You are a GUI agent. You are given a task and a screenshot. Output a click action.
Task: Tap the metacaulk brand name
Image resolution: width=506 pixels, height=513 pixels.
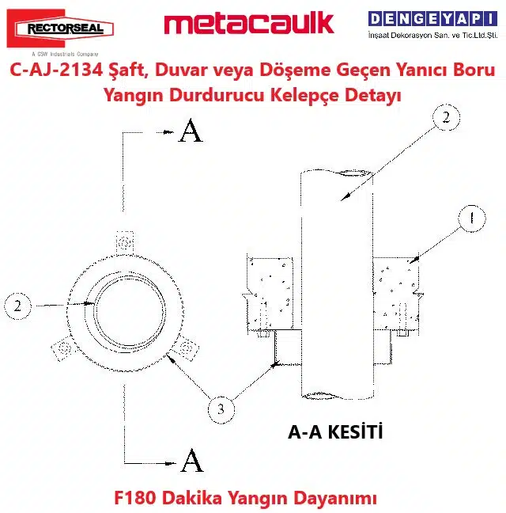pos(248,23)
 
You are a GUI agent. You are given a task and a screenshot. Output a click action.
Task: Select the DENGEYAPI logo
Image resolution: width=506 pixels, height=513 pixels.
pos(432,25)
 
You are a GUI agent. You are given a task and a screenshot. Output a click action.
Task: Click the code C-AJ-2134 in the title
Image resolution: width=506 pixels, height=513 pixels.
pos(56,70)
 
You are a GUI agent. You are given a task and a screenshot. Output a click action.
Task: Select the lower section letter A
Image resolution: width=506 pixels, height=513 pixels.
pos(192,460)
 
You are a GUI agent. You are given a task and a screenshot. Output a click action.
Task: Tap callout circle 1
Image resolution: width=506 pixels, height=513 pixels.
pos(471,218)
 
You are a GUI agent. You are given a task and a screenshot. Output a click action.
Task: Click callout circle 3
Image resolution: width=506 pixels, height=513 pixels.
pos(221,409)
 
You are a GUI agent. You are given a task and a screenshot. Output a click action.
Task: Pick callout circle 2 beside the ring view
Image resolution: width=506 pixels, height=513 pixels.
pos(17,306)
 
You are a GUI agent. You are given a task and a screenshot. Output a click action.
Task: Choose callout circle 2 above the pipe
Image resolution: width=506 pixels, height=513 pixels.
pos(446,117)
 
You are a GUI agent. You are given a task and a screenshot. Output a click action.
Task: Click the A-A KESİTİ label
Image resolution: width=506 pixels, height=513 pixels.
pos(335,432)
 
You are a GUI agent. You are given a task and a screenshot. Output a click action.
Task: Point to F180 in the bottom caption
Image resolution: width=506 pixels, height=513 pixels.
pos(134,498)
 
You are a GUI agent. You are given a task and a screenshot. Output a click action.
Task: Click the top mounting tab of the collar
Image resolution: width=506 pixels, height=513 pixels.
pos(125,241)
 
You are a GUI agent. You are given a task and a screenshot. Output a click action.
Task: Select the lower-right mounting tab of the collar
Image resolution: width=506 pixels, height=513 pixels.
pos(185,348)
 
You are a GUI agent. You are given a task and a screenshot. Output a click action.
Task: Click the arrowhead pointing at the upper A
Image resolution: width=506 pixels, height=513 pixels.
pos(168,132)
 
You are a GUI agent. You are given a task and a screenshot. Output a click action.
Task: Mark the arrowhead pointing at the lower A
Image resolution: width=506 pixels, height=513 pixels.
pos(170,463)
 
